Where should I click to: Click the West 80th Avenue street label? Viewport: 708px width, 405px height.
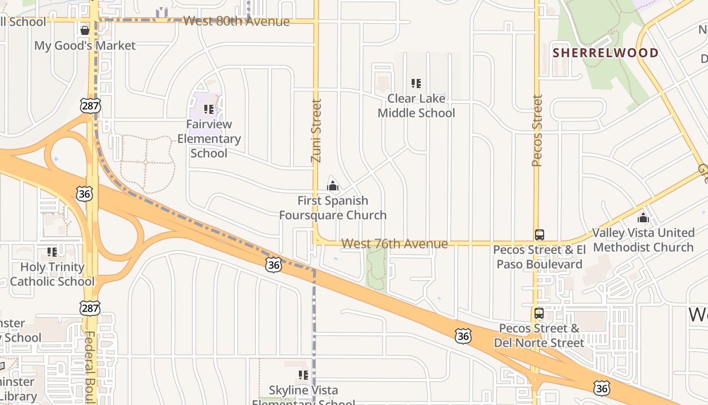coord(236,21)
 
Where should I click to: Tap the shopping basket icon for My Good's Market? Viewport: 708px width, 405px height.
coord(85,30)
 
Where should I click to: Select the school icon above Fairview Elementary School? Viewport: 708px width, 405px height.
coord(208,109)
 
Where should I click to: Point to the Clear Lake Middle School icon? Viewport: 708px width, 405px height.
coord(416,83)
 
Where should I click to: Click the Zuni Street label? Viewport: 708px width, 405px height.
coord(317,131)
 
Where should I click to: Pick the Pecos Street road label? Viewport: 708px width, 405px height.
coord(537,131)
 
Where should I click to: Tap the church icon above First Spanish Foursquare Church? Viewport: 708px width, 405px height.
coord(332,186)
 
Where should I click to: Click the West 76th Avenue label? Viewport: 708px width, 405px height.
coord(394,244)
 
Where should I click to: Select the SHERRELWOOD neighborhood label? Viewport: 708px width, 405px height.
coord(605,53)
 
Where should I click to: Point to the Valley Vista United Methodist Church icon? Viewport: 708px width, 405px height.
coord(643,218)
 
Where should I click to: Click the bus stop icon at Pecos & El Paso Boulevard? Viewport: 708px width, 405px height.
coord(540,235)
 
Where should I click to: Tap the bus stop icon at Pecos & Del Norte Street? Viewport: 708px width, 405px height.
coord(539,313)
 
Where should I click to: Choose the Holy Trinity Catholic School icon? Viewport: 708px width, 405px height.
coord(52,252)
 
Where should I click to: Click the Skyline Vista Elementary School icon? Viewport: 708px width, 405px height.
coord(303,375)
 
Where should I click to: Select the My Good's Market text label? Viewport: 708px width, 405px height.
coord(85,46)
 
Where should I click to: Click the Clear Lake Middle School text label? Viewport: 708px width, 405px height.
coord(416,105)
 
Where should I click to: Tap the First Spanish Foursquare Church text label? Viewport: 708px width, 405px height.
coord(333,208)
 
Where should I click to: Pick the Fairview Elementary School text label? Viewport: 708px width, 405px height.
coord(209,138)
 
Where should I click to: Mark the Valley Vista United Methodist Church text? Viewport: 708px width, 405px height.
coord(643,240)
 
